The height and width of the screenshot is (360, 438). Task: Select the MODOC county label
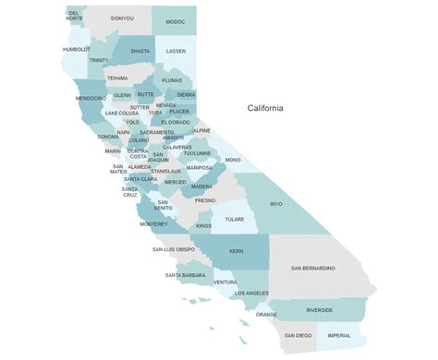[176, 21]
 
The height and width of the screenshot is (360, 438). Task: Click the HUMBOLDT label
[77, 49]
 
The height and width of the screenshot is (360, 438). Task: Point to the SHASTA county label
[140, 52]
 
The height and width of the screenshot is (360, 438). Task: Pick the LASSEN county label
[176, 53]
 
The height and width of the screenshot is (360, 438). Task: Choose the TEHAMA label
[117, 78]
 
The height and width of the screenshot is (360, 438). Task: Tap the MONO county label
[232, 160]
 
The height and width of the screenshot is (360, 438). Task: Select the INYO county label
[275, 203]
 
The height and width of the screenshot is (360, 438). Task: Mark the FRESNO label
[205, 200]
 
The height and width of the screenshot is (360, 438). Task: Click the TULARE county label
[234, 220]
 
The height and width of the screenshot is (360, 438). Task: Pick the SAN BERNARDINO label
[312, 268]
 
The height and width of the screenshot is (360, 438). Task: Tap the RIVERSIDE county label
[320, 310]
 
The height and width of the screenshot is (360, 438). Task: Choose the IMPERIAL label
[339, 335]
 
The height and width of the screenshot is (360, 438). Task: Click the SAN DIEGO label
[297, 335]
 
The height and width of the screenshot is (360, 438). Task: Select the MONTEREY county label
[153, 224]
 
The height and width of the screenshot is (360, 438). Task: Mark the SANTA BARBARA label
[185, 275]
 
